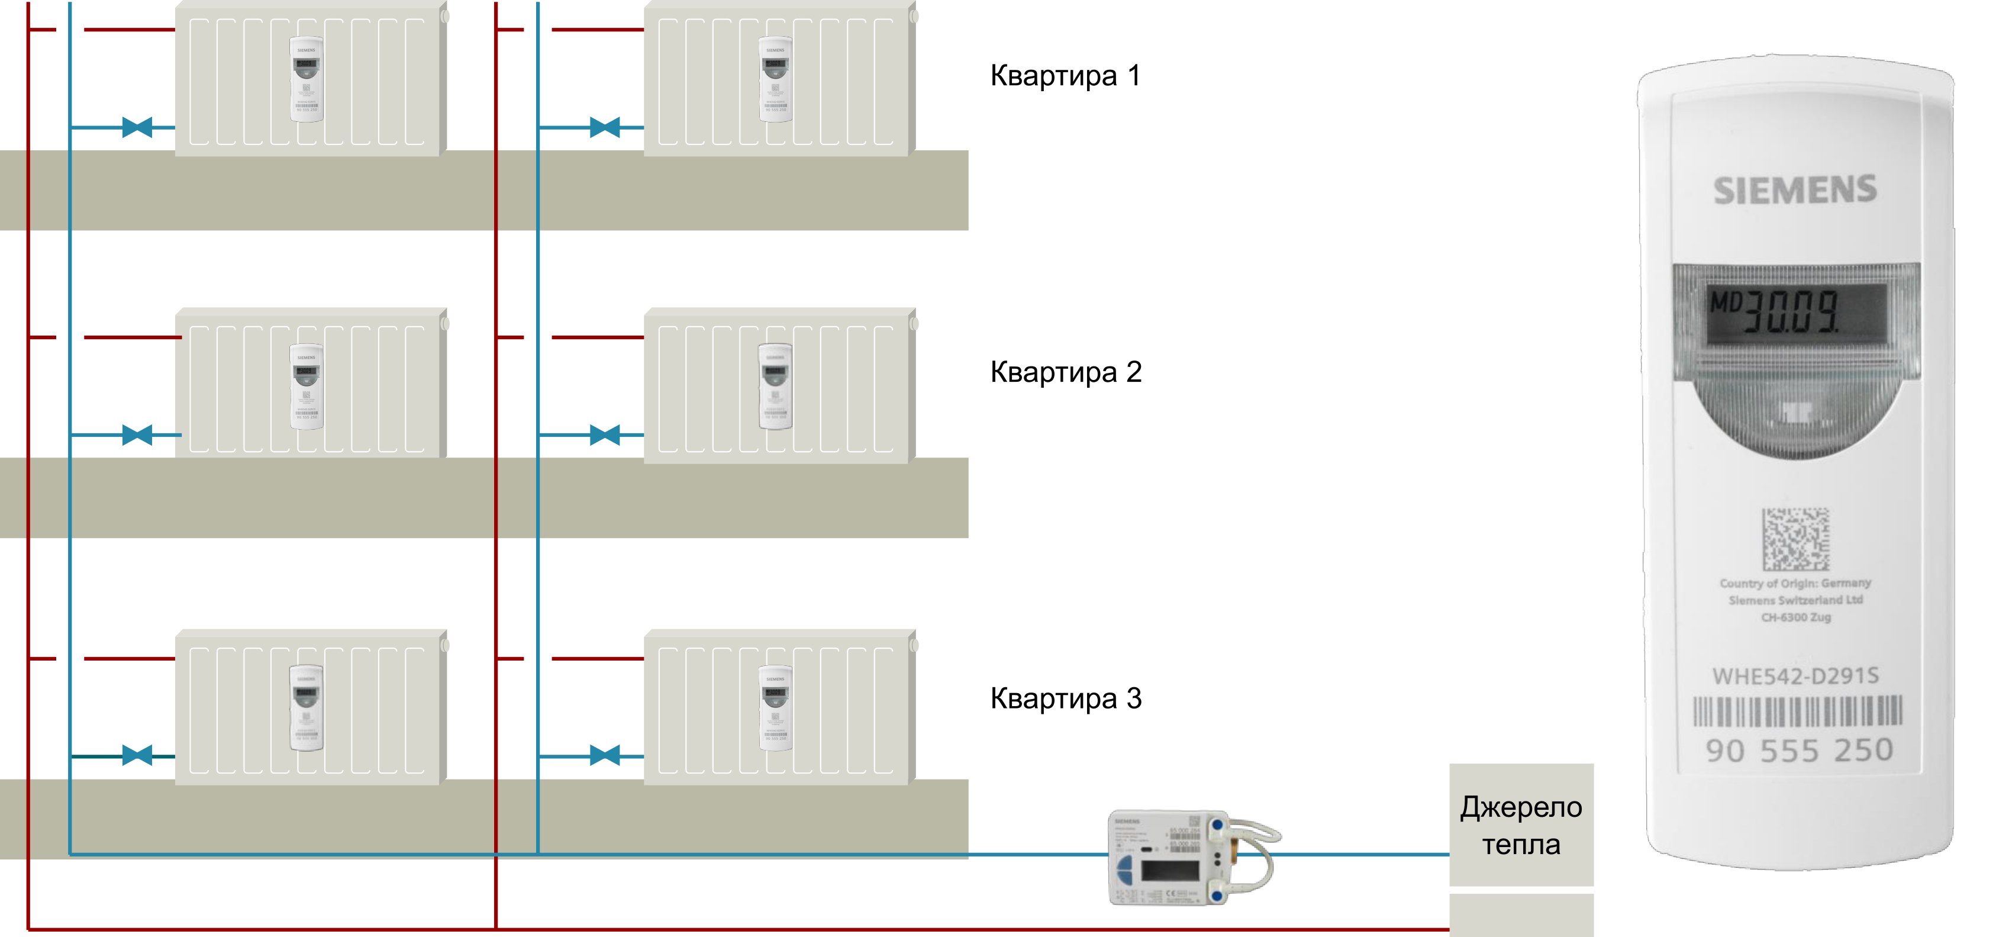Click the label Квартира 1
click(x=1065, y=76)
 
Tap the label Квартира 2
click(x=1065, y=372)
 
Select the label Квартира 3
click(x=1065, y=698)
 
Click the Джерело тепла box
click(x=1520, y=825)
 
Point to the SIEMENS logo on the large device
click(x=1795, y=191)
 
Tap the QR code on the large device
click(x=1795, y=539)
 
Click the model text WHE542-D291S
click(x=1795, y=677)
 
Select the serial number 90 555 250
click(x=1798, y=750)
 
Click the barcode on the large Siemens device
click(x=1797, y=711)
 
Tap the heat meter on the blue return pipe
click(x=1190, y=857)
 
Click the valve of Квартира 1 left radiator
click(x=137, y=127)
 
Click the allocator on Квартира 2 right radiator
click(x=775, y=386)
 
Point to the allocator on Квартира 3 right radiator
click(x=775, y=707)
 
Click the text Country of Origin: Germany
click(x=1795, y=583)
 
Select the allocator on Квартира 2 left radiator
click(x=307, y=386)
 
